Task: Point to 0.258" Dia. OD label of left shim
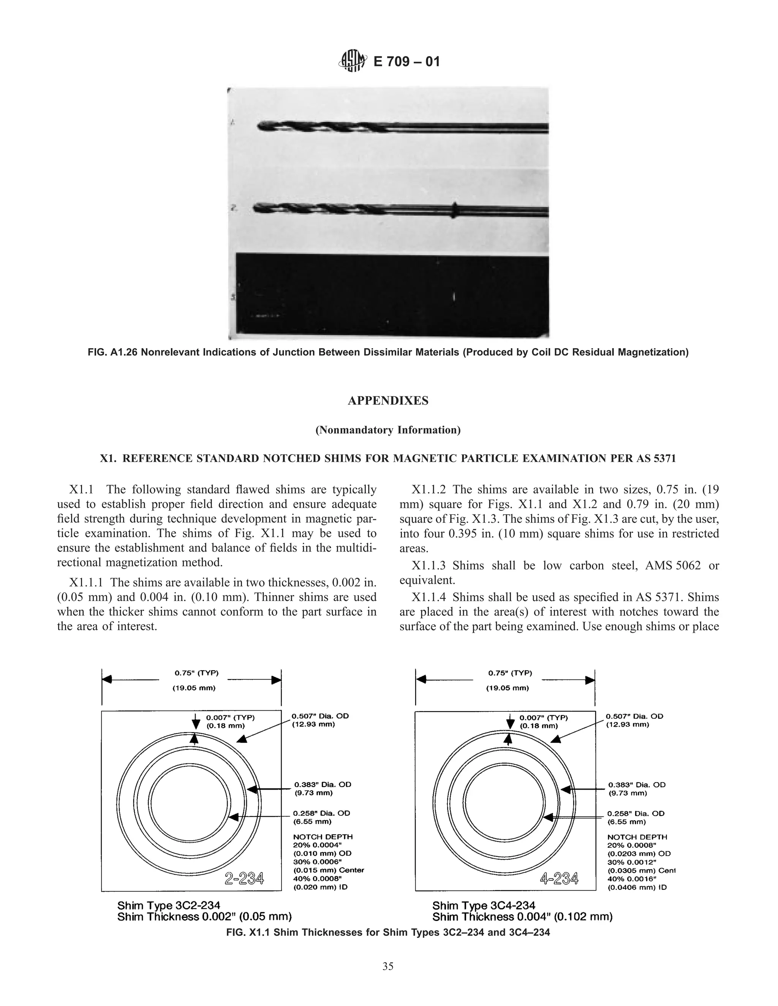point(322,814)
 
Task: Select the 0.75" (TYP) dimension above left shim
point(196,673)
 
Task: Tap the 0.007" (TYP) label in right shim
point(543,717)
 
